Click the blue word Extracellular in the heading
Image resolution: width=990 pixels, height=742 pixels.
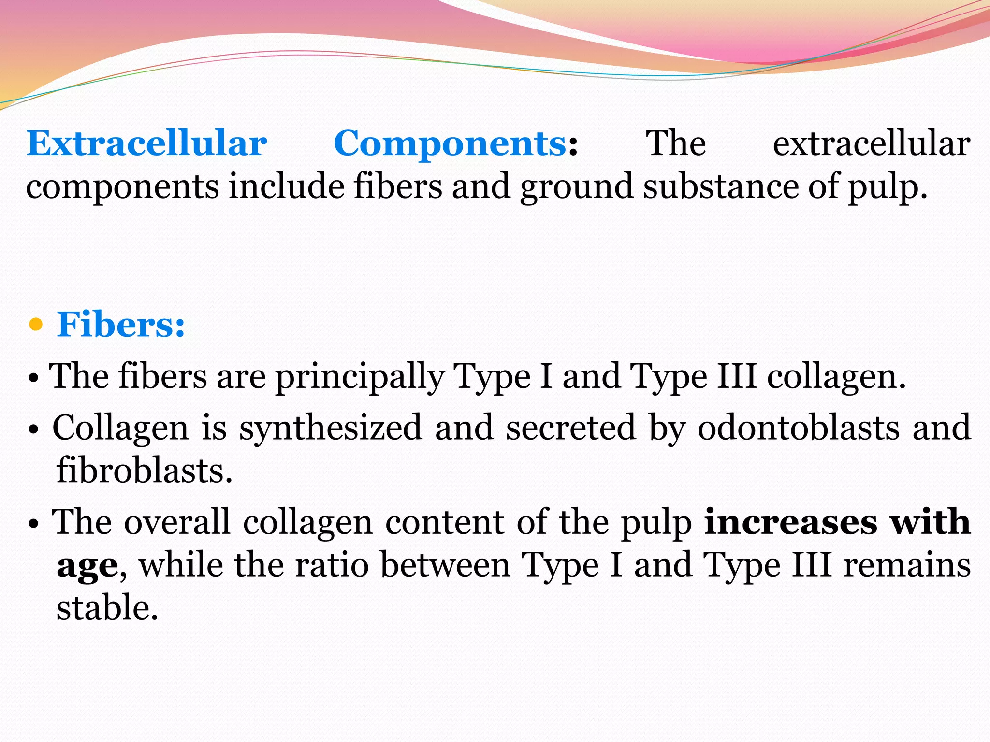(146, 143)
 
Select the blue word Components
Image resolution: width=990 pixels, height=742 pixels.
(450, 143)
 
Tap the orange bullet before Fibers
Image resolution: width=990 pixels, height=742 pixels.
(36, 325)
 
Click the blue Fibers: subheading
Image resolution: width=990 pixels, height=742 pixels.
(121, 324)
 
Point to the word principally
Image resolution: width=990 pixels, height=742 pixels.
(360, 376)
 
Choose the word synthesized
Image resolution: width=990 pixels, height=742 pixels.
(331, 428)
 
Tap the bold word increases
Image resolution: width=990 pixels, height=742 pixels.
(791, 522)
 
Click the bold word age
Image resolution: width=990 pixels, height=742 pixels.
(87, 566)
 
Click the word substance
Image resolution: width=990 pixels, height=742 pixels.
(720, 186)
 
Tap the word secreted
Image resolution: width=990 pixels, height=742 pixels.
(570, 428)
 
